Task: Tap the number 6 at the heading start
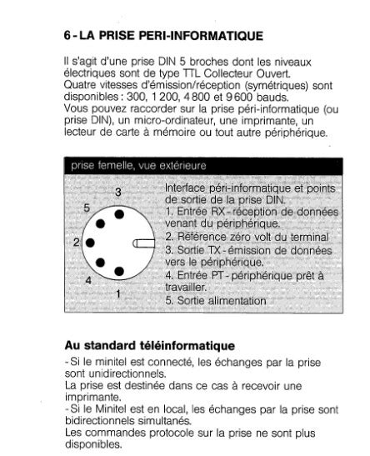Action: (x=67, y=37)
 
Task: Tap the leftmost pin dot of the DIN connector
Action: (x=88, y=243)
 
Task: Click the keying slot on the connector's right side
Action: (x=144, y=243)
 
